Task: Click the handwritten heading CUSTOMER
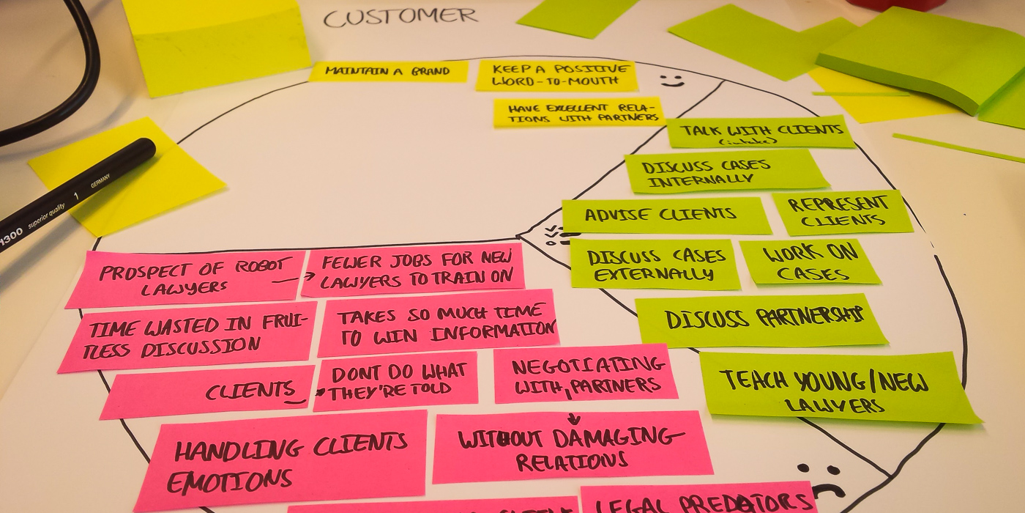pos(400,16)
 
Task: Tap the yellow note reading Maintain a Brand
pos(388,71)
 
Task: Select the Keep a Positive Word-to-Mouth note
pos(556,75)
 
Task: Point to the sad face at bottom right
pos(821,480)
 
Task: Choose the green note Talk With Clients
pos(761,132)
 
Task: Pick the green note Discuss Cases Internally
pos(725,171)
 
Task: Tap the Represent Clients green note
pos(842,213)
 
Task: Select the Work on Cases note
pos(810,262)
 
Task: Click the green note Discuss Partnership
pos(761,320)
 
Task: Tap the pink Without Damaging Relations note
pos(571,447)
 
